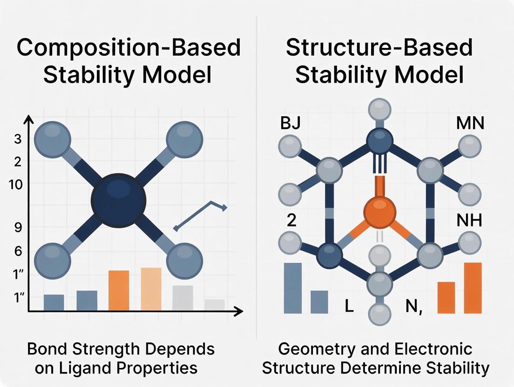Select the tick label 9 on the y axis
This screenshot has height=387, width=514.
(18, 227)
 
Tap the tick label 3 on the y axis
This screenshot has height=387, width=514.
(18, 140)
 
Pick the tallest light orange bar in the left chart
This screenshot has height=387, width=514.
(151, 289)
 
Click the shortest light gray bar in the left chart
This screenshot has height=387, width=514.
(214, 305)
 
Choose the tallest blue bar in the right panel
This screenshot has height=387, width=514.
(293, 287)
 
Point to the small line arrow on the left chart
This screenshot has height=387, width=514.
(200, 215)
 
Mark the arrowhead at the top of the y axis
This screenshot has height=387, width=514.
(29, 119)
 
